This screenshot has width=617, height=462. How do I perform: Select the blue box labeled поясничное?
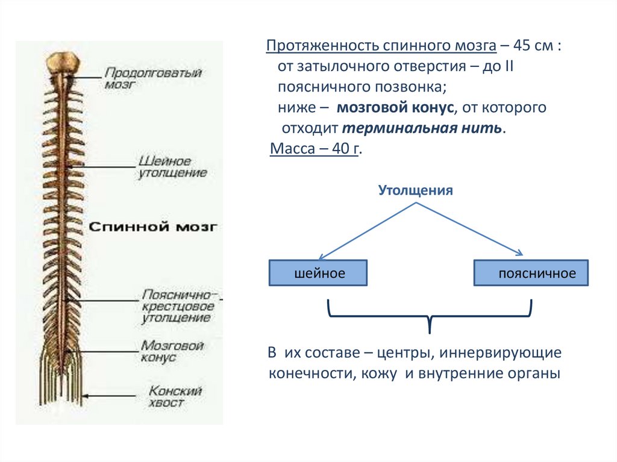click(x=531, y=273)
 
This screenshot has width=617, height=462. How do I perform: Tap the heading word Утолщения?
click(x=415, y=191)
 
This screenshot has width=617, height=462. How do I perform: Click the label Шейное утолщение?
click(x=172, y=167)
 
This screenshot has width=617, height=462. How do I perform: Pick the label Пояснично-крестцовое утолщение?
click(x=178, y=307)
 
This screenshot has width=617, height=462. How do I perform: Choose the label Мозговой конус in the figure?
click(x=172, y=351)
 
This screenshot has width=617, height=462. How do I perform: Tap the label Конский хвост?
click(x=175, y=396)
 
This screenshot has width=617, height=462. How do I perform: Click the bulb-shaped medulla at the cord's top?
click(x=63, y=62)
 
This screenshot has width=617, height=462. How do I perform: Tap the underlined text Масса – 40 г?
click(x=314, y=149)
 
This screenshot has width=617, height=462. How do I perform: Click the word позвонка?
click(x=408, y=87)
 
